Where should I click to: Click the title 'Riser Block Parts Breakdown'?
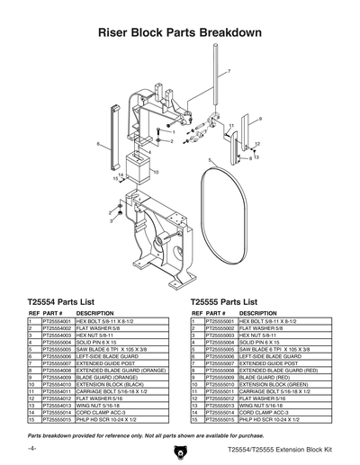180,33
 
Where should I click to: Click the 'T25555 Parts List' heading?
229,302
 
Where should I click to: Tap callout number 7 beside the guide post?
228,70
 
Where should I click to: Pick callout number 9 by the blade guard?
260,120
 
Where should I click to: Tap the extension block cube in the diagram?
139,167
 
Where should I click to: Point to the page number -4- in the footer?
31,447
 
